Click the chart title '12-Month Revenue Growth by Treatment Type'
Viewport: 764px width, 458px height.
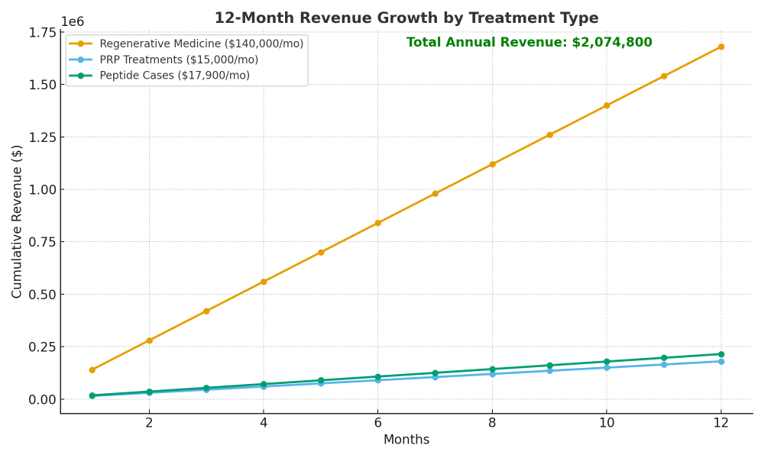point(406,18)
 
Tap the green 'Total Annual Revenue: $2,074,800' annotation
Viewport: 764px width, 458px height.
point(529,43)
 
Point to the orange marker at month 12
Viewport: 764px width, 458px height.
point(720,47)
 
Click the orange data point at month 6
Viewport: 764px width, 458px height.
point(377,223)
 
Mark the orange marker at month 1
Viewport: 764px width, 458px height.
point(92,369)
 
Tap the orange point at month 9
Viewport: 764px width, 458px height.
point(549,135)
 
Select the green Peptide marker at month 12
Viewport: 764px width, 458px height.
point(720,354)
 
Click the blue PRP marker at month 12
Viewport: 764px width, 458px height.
point(720,362)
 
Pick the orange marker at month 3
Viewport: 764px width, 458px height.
point(206,311)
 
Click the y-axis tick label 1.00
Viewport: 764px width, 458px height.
point(43,189)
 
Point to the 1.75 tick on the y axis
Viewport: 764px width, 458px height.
point(43,32)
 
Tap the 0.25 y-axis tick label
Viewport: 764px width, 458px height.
point(43,347)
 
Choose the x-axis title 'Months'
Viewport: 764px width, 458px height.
point(406,440)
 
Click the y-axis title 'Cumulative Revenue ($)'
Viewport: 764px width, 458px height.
point(18,221)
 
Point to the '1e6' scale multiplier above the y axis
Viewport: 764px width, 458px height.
point(73,21)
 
